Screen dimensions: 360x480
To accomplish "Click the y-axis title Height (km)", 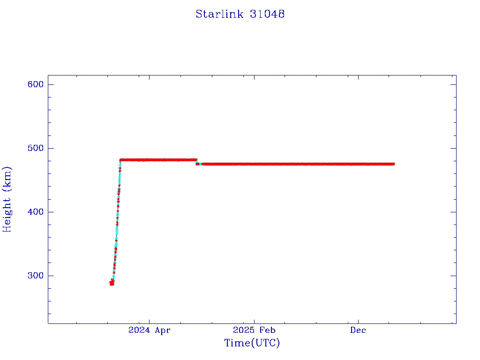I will tap(7, 199).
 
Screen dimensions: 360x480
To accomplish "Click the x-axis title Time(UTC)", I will tap(252, 343).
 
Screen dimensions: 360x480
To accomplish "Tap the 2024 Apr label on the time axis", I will tap(149, 330).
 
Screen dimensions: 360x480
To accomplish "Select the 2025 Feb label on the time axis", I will tap(254, 330).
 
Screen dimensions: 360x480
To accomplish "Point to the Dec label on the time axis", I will tap(358, 330).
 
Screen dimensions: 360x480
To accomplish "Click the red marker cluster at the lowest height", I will tap(112, 283).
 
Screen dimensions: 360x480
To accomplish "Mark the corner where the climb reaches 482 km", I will tap(120, 160).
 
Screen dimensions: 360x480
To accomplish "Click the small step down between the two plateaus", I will tap(197, 162).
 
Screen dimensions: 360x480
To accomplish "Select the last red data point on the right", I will tap(393, 164).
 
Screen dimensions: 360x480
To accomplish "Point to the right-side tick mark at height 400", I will tap(453, 212).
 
